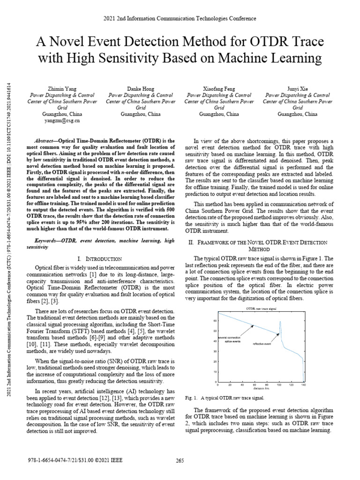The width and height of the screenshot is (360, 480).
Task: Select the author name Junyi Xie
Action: click(298, 88)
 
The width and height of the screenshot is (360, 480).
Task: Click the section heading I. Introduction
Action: click(99, 259)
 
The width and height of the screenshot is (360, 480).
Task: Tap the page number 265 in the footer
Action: click(180, 460)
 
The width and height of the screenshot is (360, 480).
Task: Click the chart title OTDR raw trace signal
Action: click(261, 308)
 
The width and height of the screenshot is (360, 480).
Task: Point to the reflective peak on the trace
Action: click(280, 322)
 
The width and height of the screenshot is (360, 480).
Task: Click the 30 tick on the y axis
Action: click(215, 352)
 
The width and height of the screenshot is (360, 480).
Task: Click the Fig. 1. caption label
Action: click(192, 398)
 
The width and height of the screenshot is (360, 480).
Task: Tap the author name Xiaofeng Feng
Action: click(219, 88)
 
